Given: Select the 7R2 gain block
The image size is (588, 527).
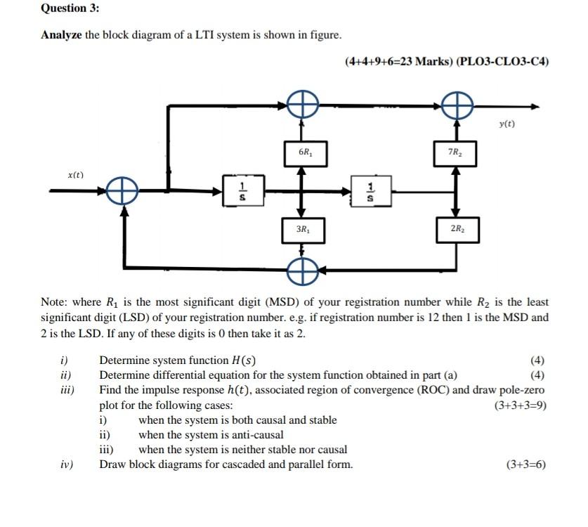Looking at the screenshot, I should point(455,152).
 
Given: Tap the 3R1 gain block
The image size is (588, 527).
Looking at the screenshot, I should point(303,230).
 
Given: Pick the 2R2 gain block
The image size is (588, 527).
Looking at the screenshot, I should point(457,229).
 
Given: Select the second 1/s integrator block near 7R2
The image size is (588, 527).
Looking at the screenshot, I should point(371,190).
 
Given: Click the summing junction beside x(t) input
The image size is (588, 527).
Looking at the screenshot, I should point(122,190).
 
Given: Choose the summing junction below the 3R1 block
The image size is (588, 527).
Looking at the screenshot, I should point(302,268).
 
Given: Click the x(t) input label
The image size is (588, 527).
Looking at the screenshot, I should point(75,174).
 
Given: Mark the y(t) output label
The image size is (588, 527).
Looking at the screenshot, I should point(506,124).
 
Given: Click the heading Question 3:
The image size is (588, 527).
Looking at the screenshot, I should point(70,8).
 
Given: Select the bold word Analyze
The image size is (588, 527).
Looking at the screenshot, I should point(62,35).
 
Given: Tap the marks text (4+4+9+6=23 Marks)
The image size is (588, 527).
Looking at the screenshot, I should point(398,61).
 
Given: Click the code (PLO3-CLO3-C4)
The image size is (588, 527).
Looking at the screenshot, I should point(502,61).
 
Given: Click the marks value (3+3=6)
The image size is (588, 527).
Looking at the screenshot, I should point(525,464).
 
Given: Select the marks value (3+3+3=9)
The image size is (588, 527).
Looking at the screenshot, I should point(521,405).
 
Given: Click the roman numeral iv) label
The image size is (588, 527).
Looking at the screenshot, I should point(67,464).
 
